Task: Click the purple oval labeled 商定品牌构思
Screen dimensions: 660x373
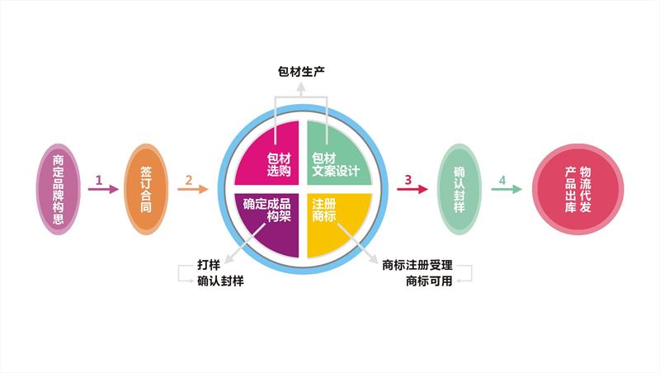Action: (58, 189)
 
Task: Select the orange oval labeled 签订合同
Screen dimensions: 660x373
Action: (146, 189)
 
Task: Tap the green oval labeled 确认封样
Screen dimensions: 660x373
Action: (460, 189)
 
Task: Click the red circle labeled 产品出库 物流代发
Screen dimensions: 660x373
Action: (578, 189)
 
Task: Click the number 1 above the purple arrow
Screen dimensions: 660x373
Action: (99, 180)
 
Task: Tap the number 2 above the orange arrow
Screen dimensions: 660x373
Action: (189, 180)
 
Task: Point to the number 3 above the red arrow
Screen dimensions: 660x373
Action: (408, 180)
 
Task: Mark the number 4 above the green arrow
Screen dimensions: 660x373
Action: (502, 180)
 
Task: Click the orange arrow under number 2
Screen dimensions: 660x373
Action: (193, 189)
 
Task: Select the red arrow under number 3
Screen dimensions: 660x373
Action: (412, 189)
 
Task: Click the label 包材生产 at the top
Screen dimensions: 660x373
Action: (301, 72)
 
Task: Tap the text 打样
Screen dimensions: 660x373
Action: (209, 265)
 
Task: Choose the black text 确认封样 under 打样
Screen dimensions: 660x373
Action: (220, 281)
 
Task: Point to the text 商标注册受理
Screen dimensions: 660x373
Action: (417, 265)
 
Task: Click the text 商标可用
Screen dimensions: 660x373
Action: (429, 281)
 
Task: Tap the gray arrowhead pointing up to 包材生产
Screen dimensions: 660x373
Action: (301, 87)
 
